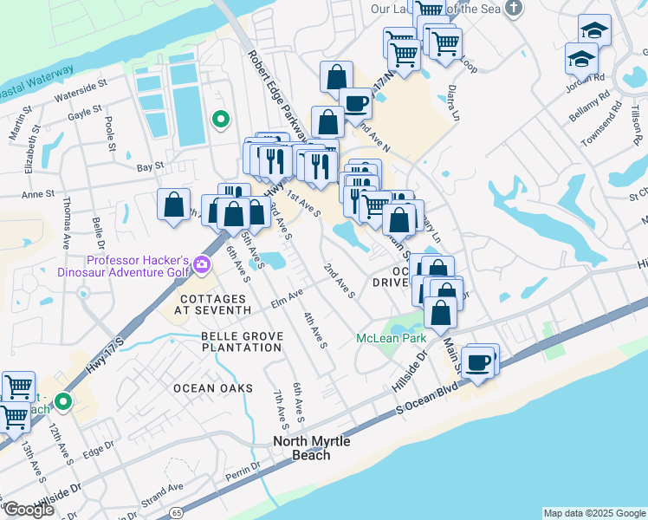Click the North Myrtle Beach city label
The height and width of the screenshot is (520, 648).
[311, 447]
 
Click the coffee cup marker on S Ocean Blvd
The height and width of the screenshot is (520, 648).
[477, 361]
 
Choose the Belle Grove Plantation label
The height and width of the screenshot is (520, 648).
[241, 341]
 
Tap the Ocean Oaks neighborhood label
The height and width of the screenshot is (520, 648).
[212, 387]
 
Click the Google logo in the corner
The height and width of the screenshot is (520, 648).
[29, 510]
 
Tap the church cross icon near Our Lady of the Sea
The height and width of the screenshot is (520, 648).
[515, 9]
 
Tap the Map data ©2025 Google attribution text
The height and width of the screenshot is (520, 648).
[594, 513]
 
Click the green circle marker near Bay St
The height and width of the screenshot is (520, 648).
[221, 120]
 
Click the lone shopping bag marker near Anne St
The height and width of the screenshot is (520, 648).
[173, 205]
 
